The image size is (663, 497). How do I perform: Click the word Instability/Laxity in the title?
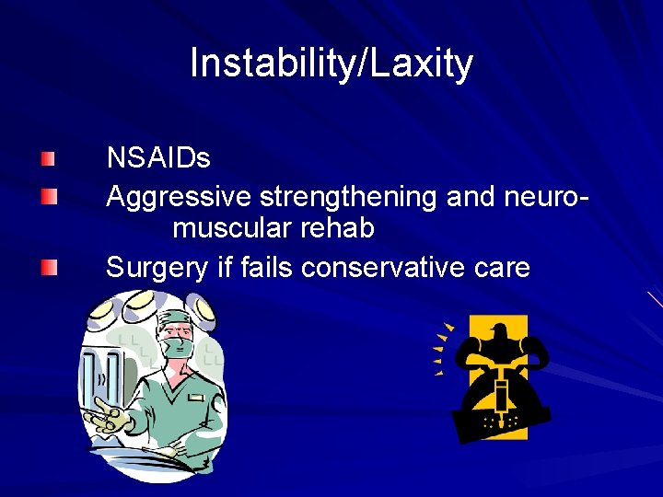click(x=331, y=64)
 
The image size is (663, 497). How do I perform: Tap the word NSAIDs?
click(x=158, y=158)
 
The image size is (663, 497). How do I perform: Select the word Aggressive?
click(x=180, y=196)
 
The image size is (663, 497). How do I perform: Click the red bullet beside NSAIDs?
click(x=49, y=158)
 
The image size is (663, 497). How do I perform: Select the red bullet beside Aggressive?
click(x=49, y=196)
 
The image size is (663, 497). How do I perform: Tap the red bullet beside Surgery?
click(x=49, y=268)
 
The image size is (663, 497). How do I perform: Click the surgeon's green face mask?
click(x=179, y=349)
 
